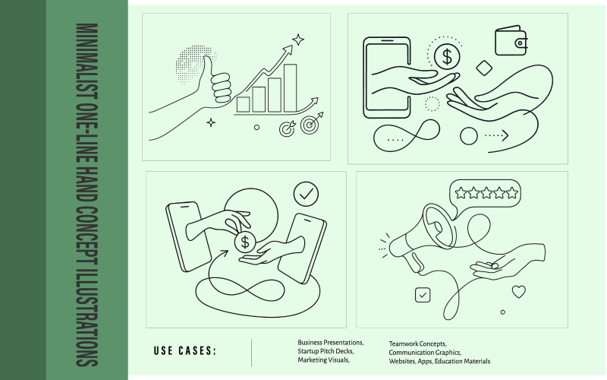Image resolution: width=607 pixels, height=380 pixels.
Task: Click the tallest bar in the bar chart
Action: (291, 88)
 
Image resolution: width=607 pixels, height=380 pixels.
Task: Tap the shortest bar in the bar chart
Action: (243, 105)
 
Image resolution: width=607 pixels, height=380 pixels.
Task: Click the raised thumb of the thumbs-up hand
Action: (207, 67)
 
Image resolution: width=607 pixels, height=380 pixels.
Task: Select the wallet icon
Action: (511, 40)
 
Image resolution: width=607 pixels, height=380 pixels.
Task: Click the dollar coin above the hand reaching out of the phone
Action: (447, 56)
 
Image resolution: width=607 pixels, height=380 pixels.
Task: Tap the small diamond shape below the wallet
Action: (484, 68)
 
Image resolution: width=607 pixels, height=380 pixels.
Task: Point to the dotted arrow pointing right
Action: (496, 135)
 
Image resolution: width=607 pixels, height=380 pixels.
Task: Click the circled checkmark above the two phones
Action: (307, 194)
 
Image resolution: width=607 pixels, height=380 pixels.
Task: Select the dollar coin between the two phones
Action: (245, 242)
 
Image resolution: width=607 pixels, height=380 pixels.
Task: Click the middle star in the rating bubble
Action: (486, 193)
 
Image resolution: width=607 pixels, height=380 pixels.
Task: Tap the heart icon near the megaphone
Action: (519, 292)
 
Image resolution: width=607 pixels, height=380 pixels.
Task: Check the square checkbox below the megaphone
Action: (423, 295)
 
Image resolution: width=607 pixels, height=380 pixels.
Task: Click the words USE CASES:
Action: (184, 351)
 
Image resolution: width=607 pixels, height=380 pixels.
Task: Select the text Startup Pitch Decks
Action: (326, 351)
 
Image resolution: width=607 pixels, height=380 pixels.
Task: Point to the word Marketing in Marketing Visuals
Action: (310, 360)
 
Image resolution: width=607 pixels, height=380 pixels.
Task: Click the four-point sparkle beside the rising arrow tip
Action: (298, 40)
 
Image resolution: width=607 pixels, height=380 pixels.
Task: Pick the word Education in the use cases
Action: (447, 362)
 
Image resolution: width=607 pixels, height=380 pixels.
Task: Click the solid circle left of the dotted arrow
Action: (468, 136)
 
